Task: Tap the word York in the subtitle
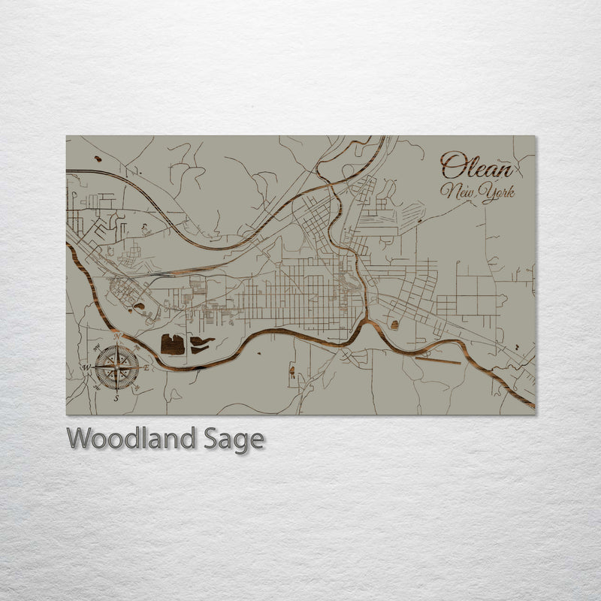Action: pyautogui.click(x=497, y=194)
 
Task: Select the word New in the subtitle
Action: pyautogui.click(x=460, y=192)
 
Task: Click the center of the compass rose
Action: pyautogui.click(x=116, y=367)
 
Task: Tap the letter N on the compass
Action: pyautogui.click(x=116, y=336)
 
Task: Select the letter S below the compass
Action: pyautogui.click(x=116, y=399)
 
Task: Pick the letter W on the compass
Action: pyautogui.click(x=86, y=367)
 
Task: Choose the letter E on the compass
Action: pyautogui.click(x=147, y=367)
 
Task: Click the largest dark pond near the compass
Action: pyautogui.click(x=173, y=345)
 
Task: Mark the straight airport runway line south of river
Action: pyautogui.click(x=438, y=361)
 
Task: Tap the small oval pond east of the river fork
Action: pyautogui.click(x=394, y=325)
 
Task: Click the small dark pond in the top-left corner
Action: pyautogui.click(x=98, y=159)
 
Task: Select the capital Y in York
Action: pyautogui.click(x=487, y=194)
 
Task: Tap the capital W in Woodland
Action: pyautogui.click(x=78, y=438)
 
